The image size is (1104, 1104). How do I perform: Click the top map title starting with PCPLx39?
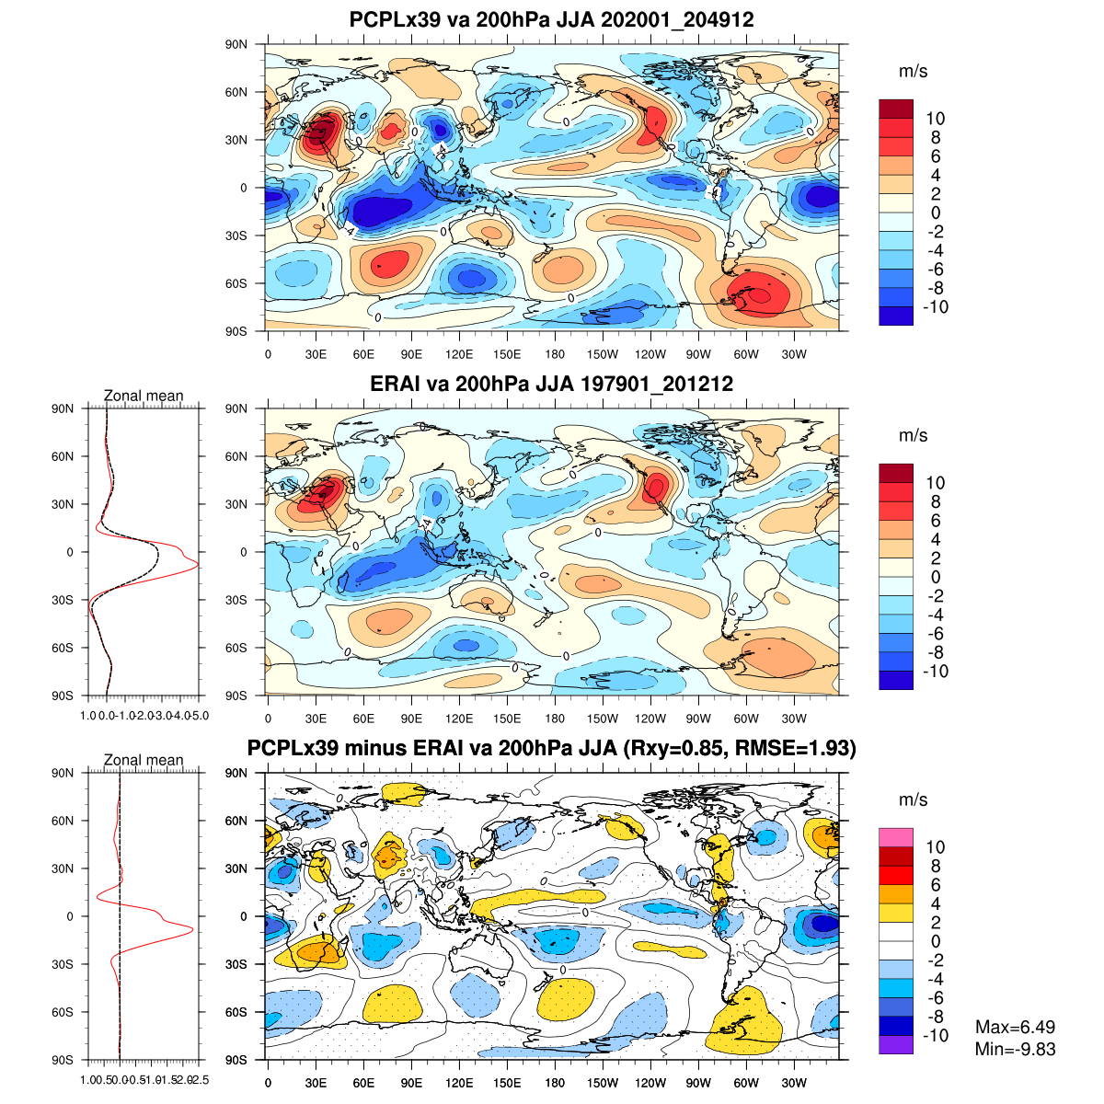point(552,20)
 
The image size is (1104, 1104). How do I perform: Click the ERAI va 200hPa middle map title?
point(552,384)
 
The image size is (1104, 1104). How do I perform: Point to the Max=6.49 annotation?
point(1015,1028)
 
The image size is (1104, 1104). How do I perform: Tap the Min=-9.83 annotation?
point(1015,1049)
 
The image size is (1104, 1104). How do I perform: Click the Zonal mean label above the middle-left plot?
point(144,396)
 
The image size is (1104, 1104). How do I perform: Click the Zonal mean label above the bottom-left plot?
point(144,760)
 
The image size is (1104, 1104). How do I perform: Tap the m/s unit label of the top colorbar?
point(913,71)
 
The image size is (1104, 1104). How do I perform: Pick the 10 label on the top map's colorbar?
point(936,119)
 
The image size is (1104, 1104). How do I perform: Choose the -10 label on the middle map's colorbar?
point(934,672)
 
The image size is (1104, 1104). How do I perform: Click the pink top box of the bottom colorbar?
point(896,837)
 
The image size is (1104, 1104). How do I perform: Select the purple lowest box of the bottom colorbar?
point(896,1045)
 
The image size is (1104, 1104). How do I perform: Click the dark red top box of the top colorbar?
point(896,109)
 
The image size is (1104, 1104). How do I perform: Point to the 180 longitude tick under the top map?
point(555,354)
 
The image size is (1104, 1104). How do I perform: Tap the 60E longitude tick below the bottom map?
point(363,1083)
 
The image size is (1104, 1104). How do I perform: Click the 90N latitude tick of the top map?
point(236,44)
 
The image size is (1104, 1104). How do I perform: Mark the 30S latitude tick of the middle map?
point(236,600)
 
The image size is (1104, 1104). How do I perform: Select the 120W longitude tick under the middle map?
point(650,719)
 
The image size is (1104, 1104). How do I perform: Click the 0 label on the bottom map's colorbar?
point(936,941)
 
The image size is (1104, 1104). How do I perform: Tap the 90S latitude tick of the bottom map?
point(236,1060)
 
